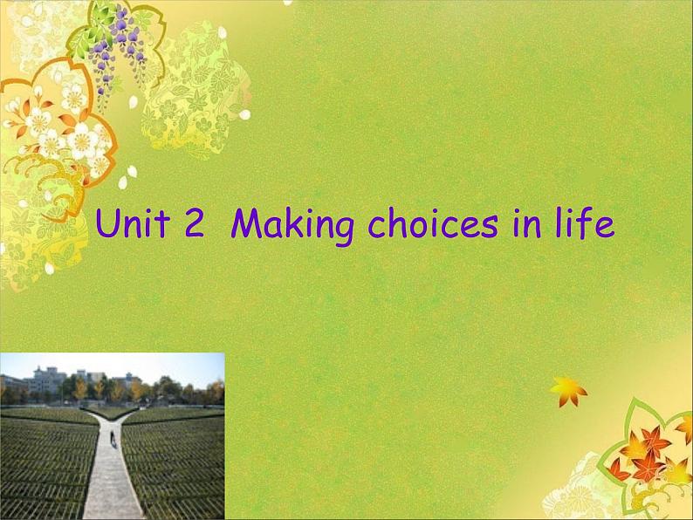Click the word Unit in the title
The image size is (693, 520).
134,224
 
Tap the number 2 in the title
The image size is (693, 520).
194,225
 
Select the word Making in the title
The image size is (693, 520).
292,227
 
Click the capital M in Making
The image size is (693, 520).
248,225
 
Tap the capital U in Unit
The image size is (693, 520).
107,225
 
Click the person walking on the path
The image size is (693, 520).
113,434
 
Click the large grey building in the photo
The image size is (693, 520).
48,380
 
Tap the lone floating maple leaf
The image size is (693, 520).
568,391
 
